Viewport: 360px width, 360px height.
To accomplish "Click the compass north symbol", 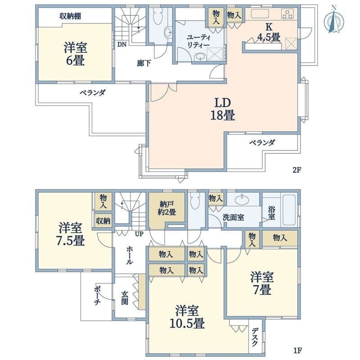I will click(333, 19).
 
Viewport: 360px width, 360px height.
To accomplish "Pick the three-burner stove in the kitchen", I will click(288, 14).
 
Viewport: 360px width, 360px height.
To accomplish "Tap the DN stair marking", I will click(121, 44).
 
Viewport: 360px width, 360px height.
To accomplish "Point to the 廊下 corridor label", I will click(144, 63).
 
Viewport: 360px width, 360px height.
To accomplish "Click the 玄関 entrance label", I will click(125, 297).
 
